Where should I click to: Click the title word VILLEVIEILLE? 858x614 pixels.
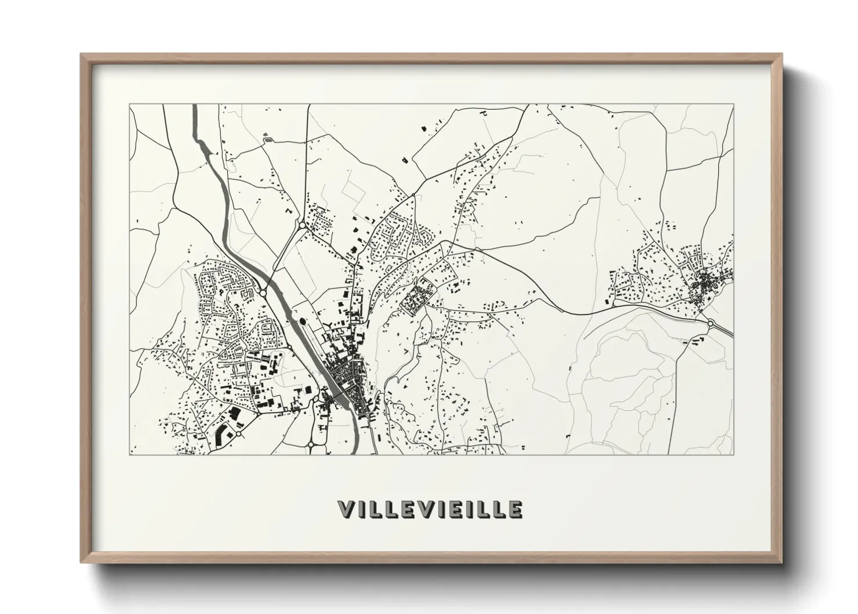(x=430, y=509)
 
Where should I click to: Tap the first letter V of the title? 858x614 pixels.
(x=346, y=509)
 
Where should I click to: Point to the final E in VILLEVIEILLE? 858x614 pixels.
(x=515, y=509)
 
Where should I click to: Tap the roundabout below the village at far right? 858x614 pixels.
(x=710, y=323)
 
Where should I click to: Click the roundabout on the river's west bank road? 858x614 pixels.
(x=263, y=293)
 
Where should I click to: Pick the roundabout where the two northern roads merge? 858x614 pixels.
(x=302, y=225)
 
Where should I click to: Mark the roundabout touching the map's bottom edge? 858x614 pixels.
(x=311, y=445)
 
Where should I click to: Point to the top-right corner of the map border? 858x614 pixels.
(x=733, y=104)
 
